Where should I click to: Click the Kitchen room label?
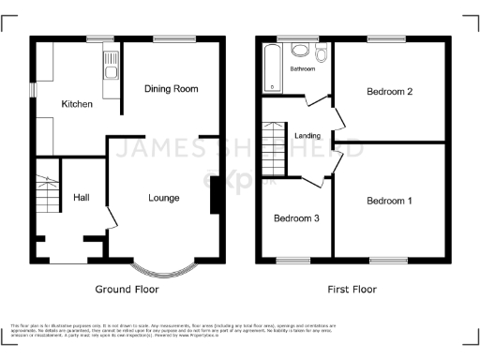[x=77, y=104]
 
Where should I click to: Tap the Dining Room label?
[x=171, y=89]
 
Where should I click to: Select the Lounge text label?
[x=163, y=198]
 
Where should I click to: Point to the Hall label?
[x=82, y=198]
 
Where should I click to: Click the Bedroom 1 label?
[x=389, y=201]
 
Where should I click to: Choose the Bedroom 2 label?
[x=390, y=92]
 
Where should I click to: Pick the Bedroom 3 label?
[x=296, y=218]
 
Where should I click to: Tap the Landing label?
[x=307, y=137]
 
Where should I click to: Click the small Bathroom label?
[x=302, y=69]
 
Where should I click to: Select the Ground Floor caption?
[x=128, y=290]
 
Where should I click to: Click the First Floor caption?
[x=352, y=290]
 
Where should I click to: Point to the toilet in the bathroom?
[x=322, y=54]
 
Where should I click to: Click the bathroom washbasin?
[x=302, y=51]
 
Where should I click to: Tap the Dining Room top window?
[x=175, y=37]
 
